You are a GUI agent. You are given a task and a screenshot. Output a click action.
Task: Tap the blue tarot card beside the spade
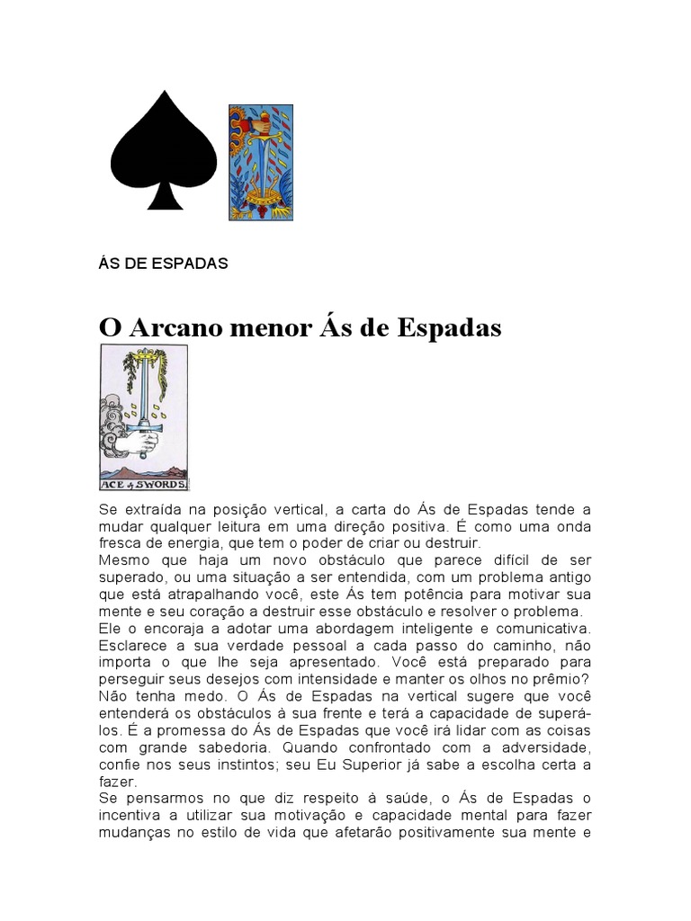click(260, 162)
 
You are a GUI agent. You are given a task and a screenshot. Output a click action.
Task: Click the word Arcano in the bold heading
click(172, 328)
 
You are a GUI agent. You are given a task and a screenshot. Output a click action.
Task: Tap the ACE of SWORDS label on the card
click(144, 483)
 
